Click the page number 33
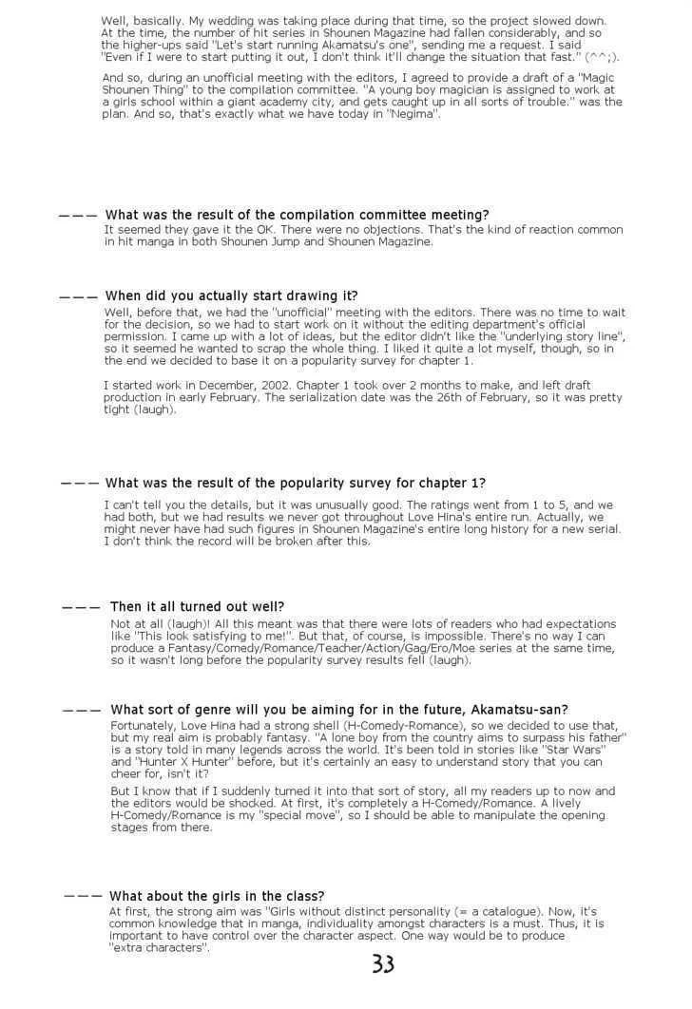tap(383, 965)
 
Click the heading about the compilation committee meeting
tap(297, 216)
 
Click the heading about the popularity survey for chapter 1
tap(296, 483)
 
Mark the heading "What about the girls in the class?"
tap(217, 896)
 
